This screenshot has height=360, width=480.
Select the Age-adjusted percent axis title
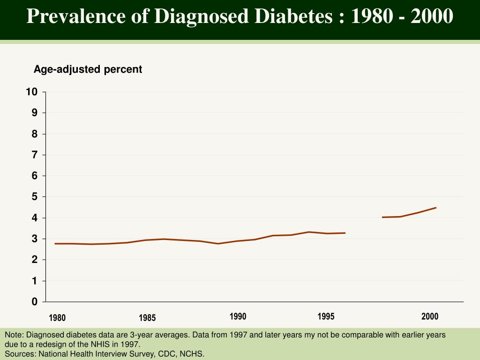88,69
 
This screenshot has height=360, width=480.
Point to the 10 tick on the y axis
32,92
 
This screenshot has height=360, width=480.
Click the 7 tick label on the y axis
34,155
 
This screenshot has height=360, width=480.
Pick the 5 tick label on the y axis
34,197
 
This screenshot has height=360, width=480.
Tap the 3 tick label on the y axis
34,239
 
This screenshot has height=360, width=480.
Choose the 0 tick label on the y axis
34,302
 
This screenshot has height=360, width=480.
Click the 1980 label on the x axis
57,318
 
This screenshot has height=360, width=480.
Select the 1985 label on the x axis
147,318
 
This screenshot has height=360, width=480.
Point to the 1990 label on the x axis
238,316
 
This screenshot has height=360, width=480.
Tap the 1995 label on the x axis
326,316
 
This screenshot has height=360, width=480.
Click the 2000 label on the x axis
430,316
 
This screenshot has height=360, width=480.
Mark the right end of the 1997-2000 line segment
436,208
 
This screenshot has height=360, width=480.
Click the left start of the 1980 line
55,244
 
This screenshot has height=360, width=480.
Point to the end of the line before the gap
345,233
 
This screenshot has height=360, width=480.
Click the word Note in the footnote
14,335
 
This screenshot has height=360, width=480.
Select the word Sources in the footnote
20,354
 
